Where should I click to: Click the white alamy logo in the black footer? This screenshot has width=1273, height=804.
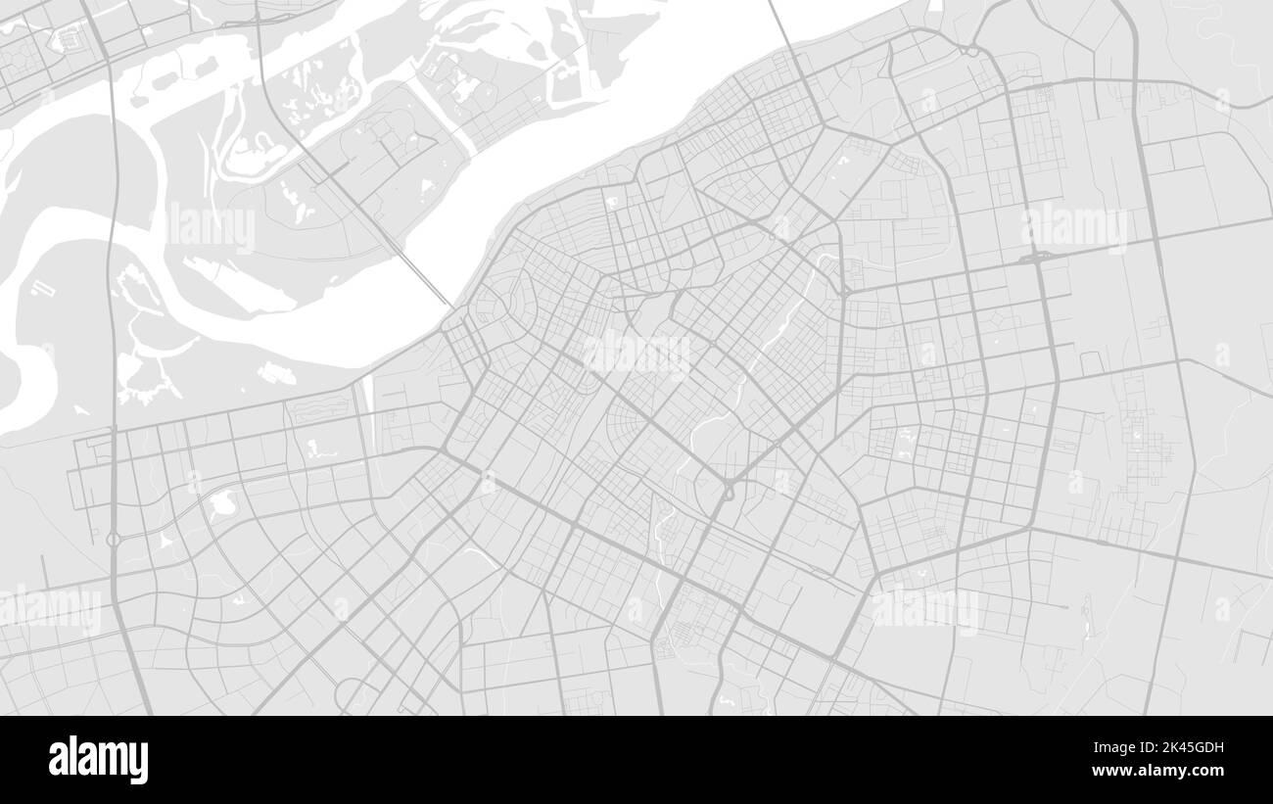[98, 759]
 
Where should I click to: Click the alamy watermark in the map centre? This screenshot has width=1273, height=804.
[636, 354]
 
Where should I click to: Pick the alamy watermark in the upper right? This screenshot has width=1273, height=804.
[1074, 227]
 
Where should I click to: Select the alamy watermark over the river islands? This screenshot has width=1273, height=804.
[211, 227]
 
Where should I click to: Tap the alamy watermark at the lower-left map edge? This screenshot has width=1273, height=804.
[51, 609]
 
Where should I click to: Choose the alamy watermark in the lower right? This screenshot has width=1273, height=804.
[925, 609]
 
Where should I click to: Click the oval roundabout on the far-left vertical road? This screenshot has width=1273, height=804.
[113, 539]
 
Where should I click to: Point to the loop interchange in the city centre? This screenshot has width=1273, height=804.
[728, 490]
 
